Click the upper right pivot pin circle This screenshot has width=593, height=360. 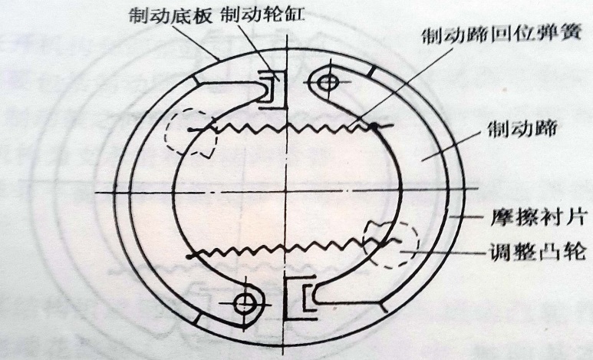click(x=328, y=81)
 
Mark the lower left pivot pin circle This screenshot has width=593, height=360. click(x=247, y=300)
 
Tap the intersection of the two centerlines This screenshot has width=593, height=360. click(x=286, y=191)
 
